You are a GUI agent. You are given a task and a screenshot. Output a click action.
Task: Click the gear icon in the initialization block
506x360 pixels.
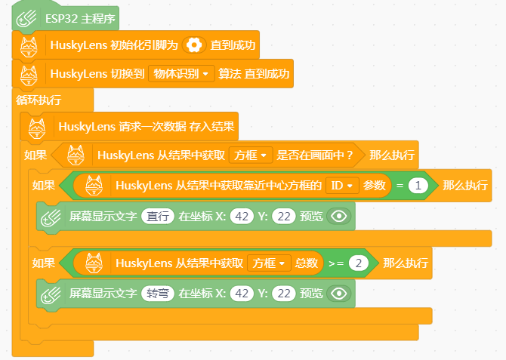pos(194,45)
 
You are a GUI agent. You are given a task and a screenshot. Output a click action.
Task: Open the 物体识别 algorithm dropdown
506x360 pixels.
pos(181,74)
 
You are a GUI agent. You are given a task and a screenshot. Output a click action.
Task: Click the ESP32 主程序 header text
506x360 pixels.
pos(80,19)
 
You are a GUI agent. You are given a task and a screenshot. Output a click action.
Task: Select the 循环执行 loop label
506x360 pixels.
pos(39,100)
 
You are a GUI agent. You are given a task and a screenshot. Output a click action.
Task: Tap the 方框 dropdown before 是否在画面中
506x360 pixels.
pos(251,155)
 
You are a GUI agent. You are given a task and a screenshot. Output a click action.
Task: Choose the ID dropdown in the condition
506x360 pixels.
pos(342,186)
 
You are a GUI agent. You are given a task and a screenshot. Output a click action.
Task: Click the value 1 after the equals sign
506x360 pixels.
pos(418,186)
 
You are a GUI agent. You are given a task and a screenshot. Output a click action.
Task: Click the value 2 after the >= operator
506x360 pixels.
pos(358,263)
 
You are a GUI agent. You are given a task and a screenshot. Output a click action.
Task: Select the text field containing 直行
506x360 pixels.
pos(158,216)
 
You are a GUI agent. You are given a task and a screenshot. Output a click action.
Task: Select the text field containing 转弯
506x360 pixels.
pos(158,294)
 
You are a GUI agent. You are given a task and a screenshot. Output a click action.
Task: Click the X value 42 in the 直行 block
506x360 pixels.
pos(242,216)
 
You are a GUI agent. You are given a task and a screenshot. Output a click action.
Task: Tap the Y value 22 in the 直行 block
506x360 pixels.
pos(284,216)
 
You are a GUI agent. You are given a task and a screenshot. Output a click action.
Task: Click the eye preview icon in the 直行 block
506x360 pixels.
pos(338,216)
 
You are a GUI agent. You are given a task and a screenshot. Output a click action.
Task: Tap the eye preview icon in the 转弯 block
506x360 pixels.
pos(338,294)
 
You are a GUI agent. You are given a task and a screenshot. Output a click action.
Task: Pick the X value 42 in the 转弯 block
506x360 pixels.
pos(242,294)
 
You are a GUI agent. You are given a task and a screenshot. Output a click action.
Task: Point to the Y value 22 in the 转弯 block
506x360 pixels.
pos(284,294)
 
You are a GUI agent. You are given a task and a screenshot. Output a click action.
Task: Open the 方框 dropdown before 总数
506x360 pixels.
pos(269,263)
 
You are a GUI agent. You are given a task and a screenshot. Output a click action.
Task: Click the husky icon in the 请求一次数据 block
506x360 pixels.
pos(37,128)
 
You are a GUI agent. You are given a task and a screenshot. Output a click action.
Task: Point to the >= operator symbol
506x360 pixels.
pos(336,263)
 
